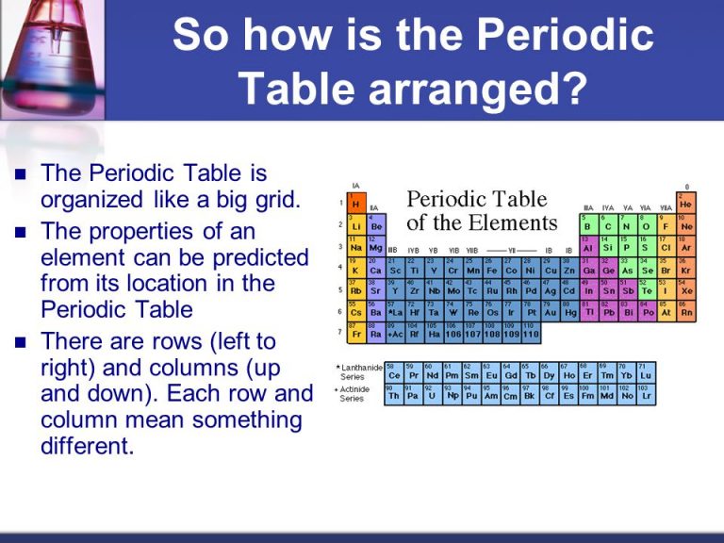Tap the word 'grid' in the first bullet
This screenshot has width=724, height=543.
point(271,200)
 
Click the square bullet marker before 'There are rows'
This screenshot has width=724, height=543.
point(23,341)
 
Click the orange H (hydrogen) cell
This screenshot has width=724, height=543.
point(356,204)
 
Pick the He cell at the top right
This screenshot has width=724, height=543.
point(685,202)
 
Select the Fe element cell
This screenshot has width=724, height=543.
point(492,269)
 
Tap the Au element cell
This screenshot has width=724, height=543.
point(551,310)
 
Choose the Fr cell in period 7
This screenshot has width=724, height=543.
point(356,332)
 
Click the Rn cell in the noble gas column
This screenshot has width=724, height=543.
point(685,310)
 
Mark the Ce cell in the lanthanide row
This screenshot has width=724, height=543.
point(394,373)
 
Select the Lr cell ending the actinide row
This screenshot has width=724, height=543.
point(646,395)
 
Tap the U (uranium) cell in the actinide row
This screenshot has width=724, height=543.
point(433,395)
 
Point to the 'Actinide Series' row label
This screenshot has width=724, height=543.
point(354,394)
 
